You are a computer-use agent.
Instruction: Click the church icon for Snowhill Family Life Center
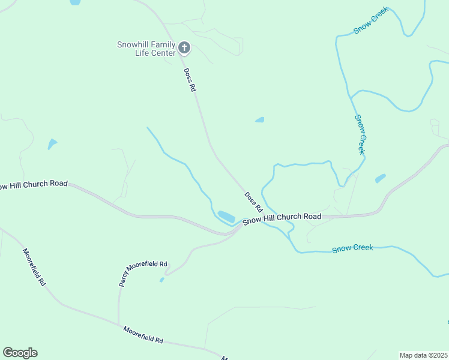point(184,47)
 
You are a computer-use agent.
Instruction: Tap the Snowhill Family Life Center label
point(147,48)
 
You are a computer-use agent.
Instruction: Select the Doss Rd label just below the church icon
point(190,79)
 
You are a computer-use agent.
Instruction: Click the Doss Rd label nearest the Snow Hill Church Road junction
point(253,202)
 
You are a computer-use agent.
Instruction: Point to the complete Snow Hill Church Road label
point(282,218)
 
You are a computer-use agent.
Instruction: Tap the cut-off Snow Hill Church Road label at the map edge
point(34,185)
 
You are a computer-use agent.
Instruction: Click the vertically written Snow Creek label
point(360,134)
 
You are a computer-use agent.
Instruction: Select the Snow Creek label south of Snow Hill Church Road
point(352,248)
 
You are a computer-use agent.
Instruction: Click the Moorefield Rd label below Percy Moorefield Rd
point(143,334)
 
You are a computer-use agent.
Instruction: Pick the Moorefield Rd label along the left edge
point(34,266)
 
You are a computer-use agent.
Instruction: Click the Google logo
point(20,353)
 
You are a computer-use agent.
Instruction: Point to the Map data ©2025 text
point(423,355)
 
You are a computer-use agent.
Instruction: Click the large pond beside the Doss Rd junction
point(226,215)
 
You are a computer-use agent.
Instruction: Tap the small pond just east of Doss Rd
point(260,120)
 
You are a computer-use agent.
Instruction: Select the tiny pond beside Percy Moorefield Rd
point(162,280)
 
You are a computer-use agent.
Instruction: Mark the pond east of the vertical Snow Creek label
point(381,178)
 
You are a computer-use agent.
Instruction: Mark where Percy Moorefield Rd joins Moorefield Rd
point(118,324)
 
